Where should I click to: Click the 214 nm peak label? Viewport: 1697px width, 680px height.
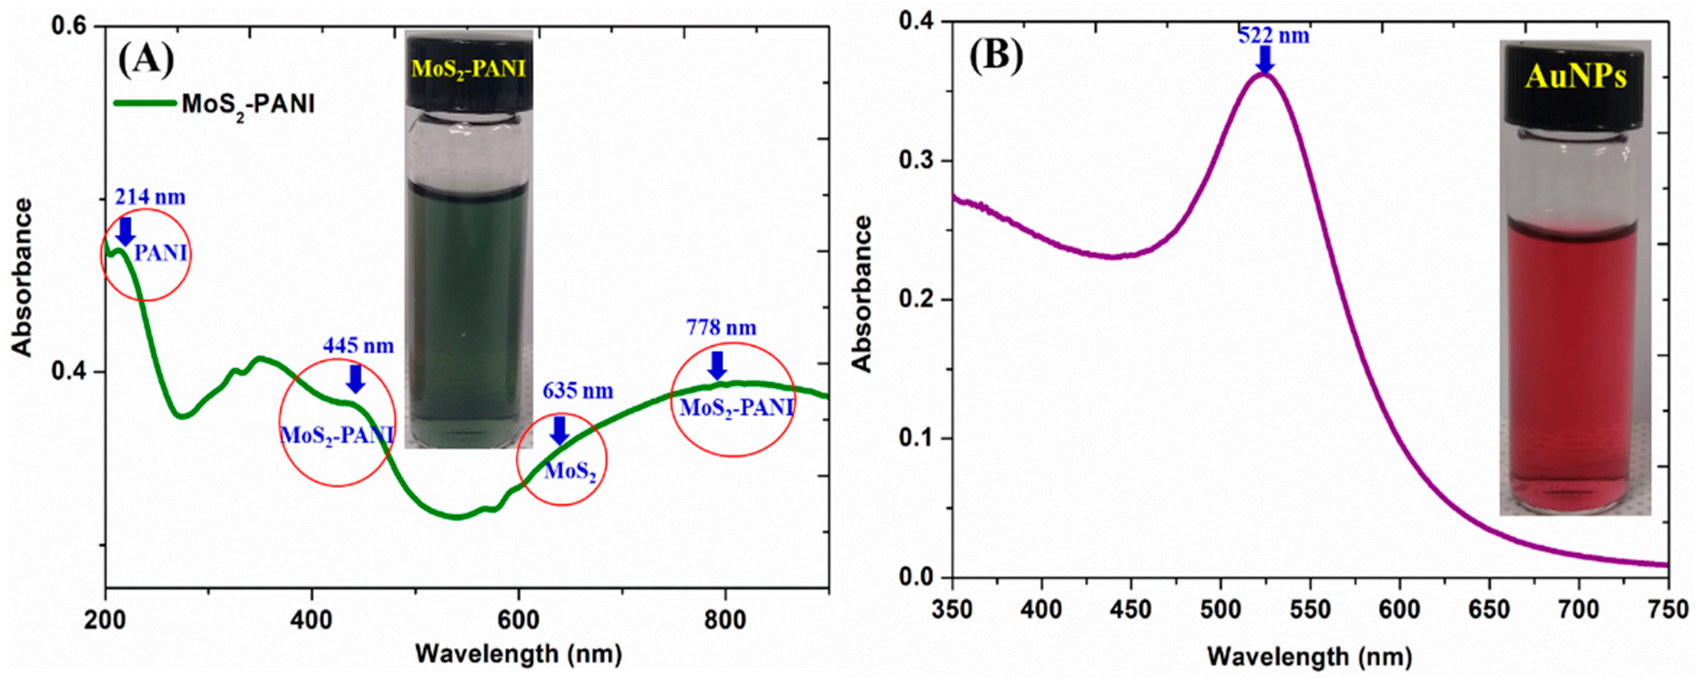pos(150,197)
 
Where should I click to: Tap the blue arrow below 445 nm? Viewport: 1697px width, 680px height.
pos(356,378)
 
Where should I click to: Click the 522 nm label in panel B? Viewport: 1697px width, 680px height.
pos(1274,36)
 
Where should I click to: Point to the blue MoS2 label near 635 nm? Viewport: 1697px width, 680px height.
pos(570,472)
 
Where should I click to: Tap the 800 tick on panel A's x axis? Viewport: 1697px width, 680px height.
pos(725,621)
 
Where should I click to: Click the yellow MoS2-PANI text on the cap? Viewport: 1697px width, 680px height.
pos(468,68)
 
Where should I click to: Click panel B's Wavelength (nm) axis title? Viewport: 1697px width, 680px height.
pos(1310,658)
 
